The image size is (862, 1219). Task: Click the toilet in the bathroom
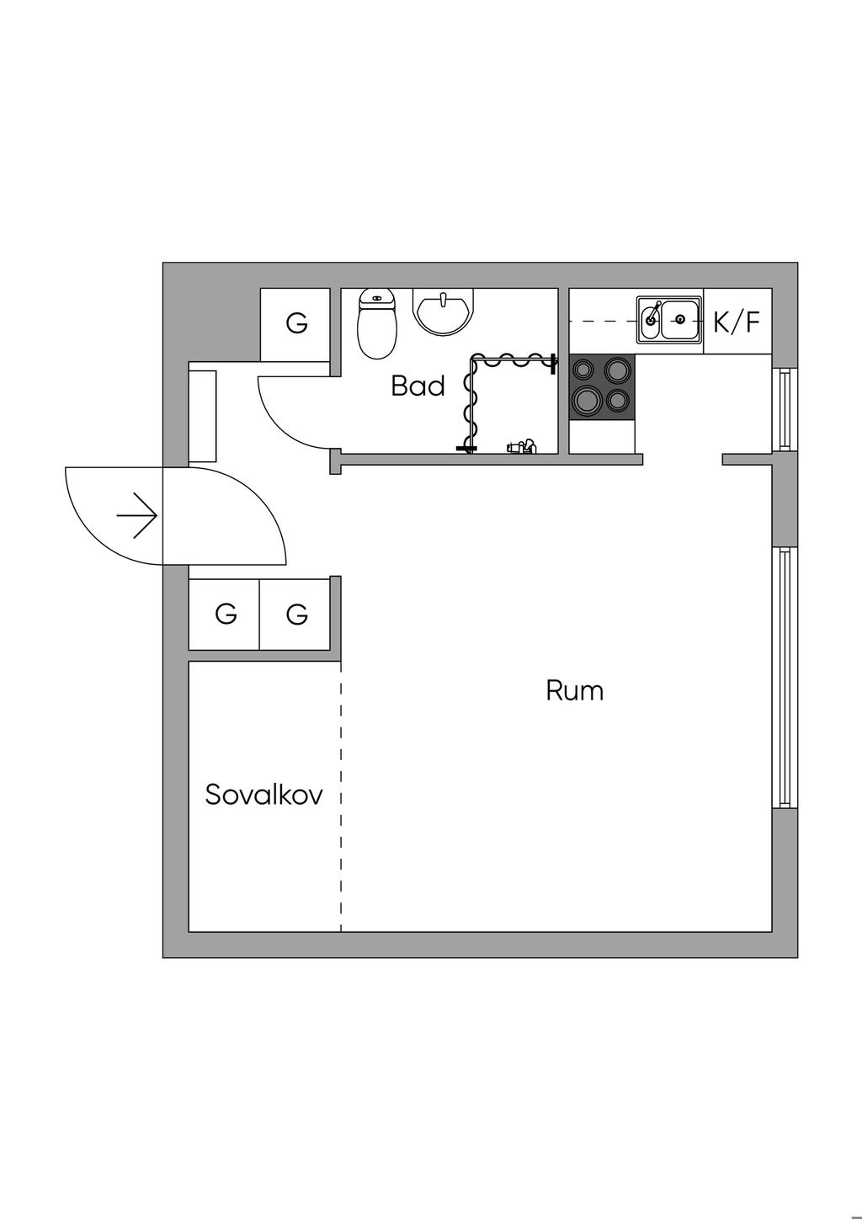tap(376, 324)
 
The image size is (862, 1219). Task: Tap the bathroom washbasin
tap(443, 311)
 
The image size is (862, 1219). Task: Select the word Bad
tap(418, 386)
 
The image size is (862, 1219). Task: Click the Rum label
tap(575, 690)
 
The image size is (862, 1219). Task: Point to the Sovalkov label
tap(264, 795)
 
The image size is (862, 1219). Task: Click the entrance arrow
tap(137, 515)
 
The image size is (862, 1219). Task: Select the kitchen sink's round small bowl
tap(651, 318)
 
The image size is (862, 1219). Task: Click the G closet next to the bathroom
tap(296, 324)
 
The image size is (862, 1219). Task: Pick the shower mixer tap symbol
tap(522, 447)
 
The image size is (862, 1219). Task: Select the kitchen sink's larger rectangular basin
tap(679, 319)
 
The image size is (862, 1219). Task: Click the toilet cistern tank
tap(376, 298)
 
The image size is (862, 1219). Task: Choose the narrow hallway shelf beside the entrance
tap(202, 417)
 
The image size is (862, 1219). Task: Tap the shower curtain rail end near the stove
tap(553, 363)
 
